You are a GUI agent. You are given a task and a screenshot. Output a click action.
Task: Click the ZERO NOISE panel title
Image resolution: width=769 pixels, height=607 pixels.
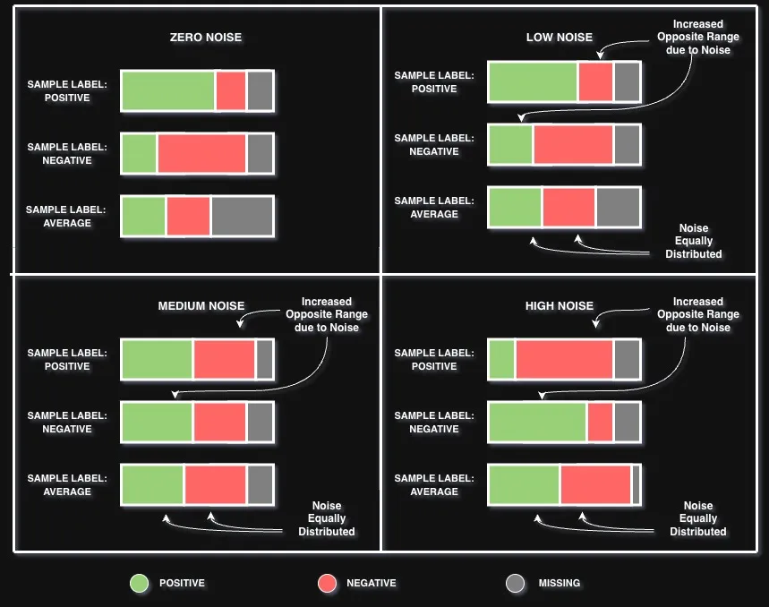click(205, 38)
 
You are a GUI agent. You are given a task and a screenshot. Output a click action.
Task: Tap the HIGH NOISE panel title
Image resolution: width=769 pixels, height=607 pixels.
click(559, 306)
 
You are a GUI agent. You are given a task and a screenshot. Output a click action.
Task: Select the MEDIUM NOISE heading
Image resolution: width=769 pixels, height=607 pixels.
click(201, 306)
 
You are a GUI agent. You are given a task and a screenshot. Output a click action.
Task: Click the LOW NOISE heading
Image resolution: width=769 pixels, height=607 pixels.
click(559, 38)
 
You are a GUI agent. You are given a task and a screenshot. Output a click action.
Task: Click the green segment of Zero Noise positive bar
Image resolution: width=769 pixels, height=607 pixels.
click(167, 90)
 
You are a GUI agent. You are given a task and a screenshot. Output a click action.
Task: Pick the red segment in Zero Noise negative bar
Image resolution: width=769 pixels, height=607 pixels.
click(201, 153)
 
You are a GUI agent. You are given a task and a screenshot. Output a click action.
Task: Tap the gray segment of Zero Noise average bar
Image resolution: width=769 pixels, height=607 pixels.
click(242, 216)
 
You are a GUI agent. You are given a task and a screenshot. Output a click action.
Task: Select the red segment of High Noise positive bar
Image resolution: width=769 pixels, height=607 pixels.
click(564, 359)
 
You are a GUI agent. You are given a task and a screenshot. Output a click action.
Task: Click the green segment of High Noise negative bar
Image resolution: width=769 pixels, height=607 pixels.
click(537, 422)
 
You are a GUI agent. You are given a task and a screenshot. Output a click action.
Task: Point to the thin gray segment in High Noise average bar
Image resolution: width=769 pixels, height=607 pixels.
click(637, 484)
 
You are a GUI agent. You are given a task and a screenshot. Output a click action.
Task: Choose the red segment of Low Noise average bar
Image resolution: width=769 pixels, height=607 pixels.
click(568, 207)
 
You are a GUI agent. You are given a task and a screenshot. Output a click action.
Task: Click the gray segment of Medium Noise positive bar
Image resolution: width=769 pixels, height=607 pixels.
click(264, 359)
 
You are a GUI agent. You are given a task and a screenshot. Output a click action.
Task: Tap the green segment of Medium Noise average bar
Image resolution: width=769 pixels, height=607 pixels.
click(152, 484)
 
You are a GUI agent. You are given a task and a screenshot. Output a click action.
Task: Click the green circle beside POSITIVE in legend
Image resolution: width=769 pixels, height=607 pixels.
click(139, 584)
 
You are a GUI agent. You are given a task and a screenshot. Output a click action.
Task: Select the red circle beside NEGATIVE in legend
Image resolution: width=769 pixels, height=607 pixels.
click(327, 584)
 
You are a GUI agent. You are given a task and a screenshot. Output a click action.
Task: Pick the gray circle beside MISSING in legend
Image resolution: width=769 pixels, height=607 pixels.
click(515, 584)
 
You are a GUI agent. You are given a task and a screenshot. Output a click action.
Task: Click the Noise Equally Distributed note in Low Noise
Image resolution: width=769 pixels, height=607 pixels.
click(693, 242)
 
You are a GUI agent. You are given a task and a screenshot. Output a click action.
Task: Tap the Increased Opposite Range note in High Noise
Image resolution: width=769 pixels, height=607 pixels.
click(697, 315)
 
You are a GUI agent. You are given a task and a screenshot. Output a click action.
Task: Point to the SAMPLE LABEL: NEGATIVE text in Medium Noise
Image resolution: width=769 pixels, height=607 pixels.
click(67, 423)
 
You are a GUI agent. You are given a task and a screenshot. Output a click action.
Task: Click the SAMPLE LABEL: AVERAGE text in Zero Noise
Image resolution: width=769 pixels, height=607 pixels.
click(67, 217)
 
